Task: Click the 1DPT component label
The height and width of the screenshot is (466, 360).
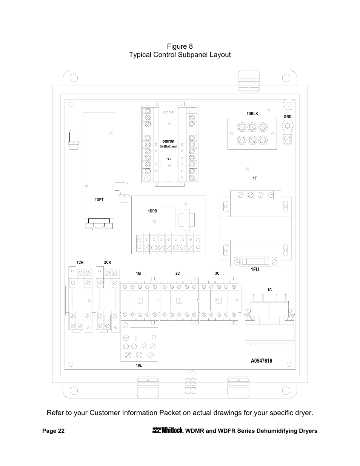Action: pyautogui.click(x=99, y=200)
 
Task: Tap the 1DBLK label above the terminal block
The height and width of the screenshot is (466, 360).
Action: pyautogui.click(x=252, y=114)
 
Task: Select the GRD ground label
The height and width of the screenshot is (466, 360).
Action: pyautogui.click(x=288, y=117)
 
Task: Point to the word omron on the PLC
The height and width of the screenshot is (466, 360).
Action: pyautogui.click(x=168, y=141)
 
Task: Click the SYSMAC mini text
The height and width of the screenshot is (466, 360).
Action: pyautogui.click(x=168, y=146)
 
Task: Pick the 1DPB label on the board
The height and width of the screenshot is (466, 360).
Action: pyautogui.click(x=152, y=211)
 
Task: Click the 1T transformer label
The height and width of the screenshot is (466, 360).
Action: pyautogui.click(x=255, y=178)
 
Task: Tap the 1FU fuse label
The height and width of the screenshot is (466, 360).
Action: pyautogui.click(x=255, y=270)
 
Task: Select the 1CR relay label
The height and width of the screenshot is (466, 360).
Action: pyautogui.click(x=80, y=262)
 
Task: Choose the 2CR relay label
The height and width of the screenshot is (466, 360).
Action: pyautogui.click(x=108, y=262)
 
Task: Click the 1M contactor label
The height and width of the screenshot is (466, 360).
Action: pyautogui.click(x=138, y=273)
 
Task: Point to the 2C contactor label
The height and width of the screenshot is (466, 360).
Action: pyautogui.click(x=177, y=273)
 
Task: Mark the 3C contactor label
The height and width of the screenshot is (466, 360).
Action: pyautogui.click(x=217, y=273)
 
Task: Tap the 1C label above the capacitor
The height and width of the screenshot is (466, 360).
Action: pyautogui.click(x=269, y=290)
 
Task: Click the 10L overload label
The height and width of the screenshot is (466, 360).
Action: pyautogui.click(x=139, y=366)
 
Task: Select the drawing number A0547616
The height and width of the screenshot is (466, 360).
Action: pyautogui.click(x=261, y=361)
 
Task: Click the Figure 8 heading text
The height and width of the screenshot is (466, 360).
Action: pyautogui.click(x=180, y=46)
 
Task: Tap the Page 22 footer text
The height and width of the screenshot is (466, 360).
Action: pyautogui.click(x=53, y=431)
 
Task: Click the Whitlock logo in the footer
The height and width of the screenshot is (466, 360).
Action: pyautogui.click(x=168, y=430)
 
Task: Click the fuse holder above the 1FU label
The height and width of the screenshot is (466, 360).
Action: pyautogui.click(x=255, y=261)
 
